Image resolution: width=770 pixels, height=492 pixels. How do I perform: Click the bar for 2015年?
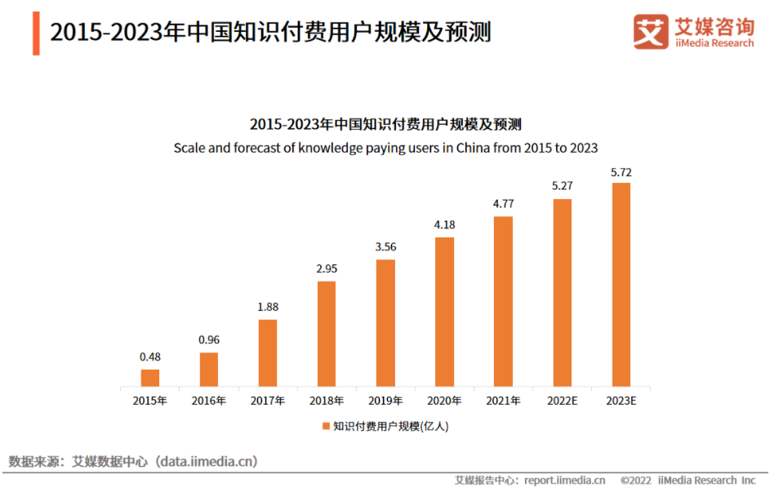pyautogui.click(x=149, y=377)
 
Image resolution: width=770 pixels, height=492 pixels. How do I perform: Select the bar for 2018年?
pyautogui.click(x=326, y=333)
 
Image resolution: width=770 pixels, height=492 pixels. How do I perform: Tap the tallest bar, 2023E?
pyautogui.click(x=621, y=284)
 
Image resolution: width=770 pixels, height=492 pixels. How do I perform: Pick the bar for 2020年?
pyautogui.click(x=444, y=311)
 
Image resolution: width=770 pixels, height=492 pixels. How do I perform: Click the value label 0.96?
pyautogui.click(x=208, y=339)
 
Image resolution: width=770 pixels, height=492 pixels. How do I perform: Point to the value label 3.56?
pyautogui.click(x=385, y=246)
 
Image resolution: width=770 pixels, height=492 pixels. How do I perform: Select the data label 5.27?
pyautogui.click(x=562, y=186)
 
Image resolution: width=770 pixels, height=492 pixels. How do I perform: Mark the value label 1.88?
pyautogui.click(x=267, y=307)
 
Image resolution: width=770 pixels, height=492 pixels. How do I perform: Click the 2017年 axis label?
pyautogui.click(x=268, y=401)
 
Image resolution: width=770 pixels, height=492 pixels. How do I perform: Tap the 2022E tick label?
pyautogui.click(x=563, y=401)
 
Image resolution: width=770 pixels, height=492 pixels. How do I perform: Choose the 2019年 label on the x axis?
pyautogui.click(x=385, y=401)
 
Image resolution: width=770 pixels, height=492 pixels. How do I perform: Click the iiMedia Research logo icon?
pyautogui.click(x=651, y=32)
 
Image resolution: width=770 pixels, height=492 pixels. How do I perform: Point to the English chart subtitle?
pyautogui.click(x=385, y=148)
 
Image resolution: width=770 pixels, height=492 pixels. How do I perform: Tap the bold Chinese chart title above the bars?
pyautogui.click(x=385, y=125)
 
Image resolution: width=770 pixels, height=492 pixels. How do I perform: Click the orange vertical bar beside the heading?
pyautogui.click(x=36, y=33)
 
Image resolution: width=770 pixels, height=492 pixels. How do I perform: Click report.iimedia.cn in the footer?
pyautogui.click(x=563, y=481)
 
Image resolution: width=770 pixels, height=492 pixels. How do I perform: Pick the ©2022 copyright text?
pyautogui.click(x=636, y=481)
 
